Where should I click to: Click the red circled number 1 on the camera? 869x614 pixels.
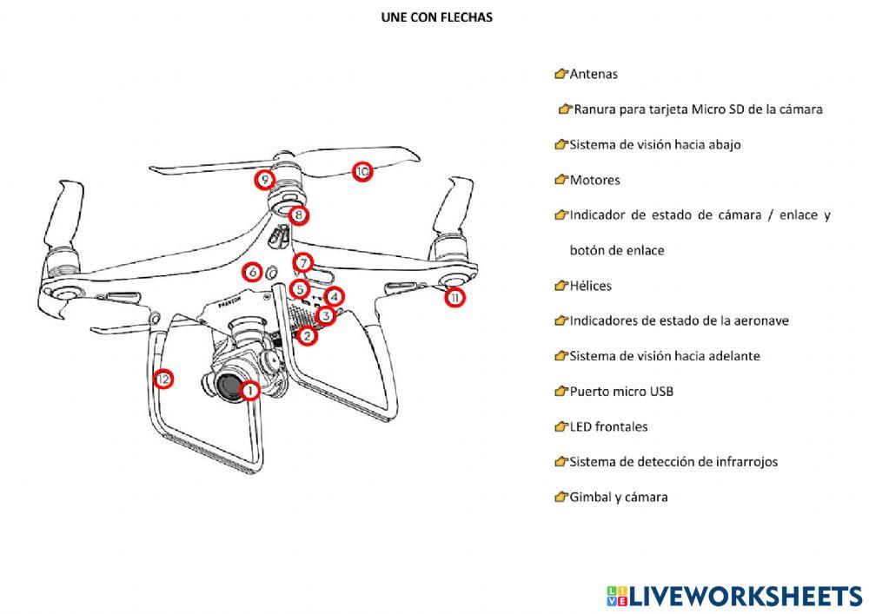[249, 391]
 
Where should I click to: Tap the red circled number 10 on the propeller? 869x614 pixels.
[362, 172]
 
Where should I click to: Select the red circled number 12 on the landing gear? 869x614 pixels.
[163, 379]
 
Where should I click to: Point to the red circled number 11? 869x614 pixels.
[454, 298]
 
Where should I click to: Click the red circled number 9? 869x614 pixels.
[265, 181]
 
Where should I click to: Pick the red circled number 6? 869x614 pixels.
[252, 272]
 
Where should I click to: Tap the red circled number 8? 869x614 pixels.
[298, 215]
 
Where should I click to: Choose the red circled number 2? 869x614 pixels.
[307, 336]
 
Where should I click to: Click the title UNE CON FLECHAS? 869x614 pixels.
[436, 17]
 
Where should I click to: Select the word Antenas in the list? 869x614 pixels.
[594, 75]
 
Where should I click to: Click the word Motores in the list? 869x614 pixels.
[594, 181]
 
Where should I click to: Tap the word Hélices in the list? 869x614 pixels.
[590, 286]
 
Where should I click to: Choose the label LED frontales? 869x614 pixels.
[608, 427]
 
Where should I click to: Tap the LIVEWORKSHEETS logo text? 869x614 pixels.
[745, 596]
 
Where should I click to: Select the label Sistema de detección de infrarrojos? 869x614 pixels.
[673, 462]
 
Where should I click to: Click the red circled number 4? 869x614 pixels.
[335, 297]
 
